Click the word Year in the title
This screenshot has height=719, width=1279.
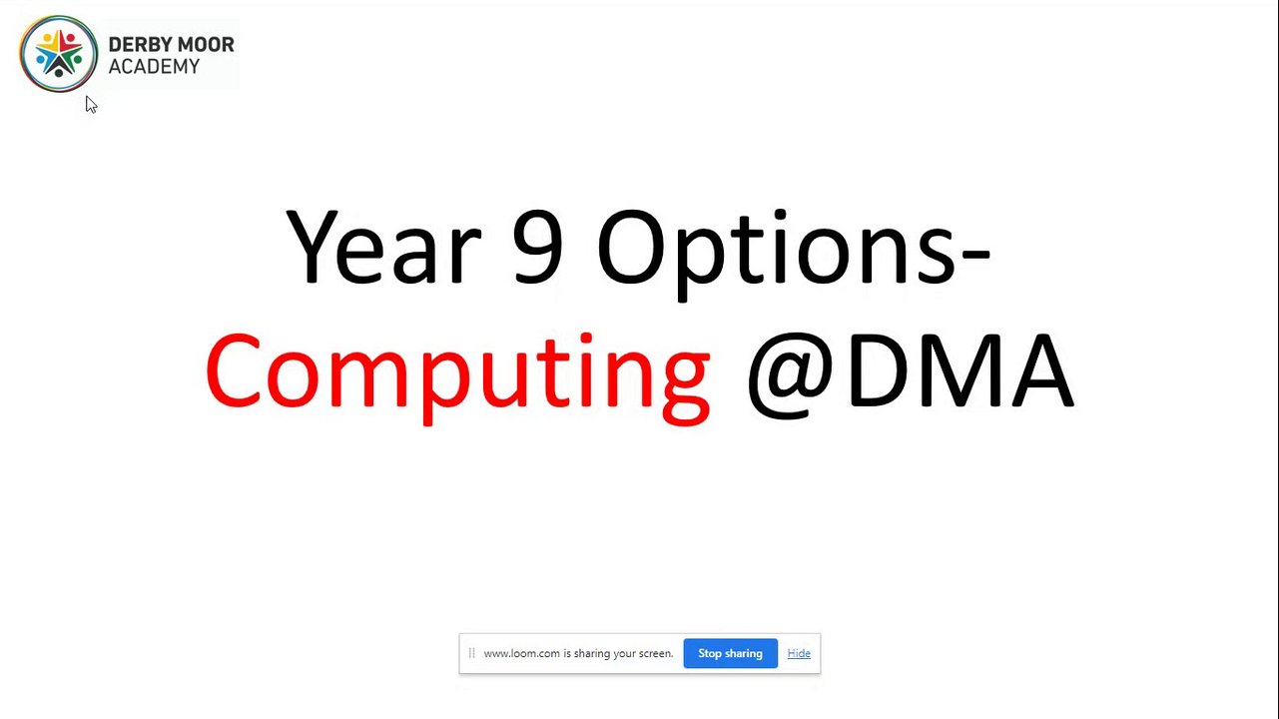(x=383, y=246)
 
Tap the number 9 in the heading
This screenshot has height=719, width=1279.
(x=537, y=246)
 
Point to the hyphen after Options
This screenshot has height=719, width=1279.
(x=975, y=257)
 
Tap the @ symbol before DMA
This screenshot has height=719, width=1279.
(x=791, y=375)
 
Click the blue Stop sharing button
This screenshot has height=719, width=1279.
(x=730, y=653)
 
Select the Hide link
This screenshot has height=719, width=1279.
(x=799, y=653)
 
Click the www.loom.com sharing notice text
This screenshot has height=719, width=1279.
(x=578, y=653)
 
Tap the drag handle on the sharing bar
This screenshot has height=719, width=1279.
(x=471, y=653)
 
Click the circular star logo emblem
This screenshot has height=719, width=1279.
(x=59, y=54)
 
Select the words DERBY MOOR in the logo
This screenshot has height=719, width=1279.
(x=172, y=45)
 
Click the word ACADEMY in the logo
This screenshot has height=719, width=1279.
(x=154, y=66)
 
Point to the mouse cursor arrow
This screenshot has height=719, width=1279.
(x=92, y=105)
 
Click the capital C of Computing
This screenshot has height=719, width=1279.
(x=233, y=370)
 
